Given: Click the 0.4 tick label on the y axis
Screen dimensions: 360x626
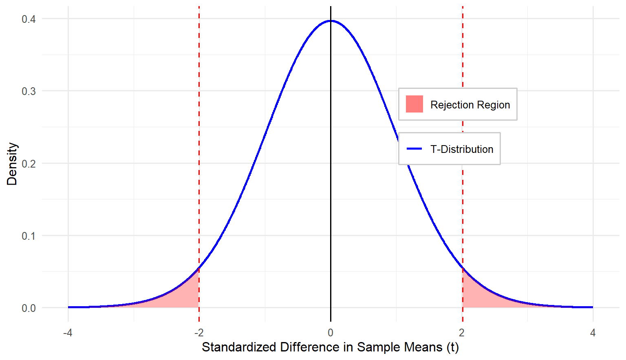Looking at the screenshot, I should [29, 19].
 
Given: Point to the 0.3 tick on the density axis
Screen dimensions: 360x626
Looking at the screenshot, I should [29, 91].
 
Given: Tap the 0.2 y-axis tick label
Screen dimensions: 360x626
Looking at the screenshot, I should [29, 164].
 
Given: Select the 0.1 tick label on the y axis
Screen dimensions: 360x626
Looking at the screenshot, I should [29, 236].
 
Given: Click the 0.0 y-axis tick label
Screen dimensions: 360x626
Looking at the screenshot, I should [29, 308].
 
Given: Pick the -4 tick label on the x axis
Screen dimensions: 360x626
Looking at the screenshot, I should [68, 333].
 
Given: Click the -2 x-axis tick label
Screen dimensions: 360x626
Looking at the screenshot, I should [198, 333].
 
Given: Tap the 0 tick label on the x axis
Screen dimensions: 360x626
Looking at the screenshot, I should [331, 333].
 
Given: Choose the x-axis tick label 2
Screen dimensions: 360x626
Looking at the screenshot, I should [462, 333].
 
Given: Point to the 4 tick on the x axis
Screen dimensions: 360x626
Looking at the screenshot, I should [593, 333].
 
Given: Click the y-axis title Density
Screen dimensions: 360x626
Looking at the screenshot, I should [12, 164].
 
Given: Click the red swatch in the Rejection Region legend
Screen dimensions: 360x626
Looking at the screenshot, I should [414, 104].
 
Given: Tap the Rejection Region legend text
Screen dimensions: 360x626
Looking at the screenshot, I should [470, 105].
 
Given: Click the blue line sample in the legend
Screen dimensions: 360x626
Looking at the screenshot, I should [414, 149].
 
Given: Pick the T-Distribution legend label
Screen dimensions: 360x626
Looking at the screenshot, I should [462, 149].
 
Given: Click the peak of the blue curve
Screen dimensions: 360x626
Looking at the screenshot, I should [331, 21].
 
